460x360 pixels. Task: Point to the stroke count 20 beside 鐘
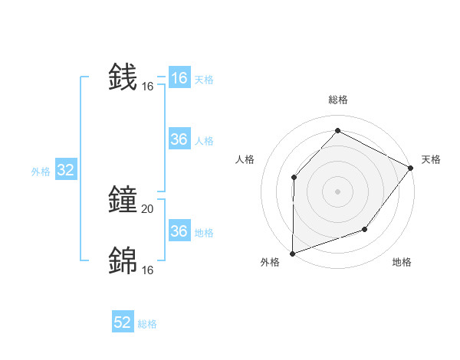[x=148, y=208]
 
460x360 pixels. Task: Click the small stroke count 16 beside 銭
[x=148, y=87]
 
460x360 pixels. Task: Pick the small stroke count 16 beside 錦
[x=148, y=270]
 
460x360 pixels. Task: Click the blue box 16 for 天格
[x=179, y=78]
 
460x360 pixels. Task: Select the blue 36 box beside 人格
[x=179, y=139]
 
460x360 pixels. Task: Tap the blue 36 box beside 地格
[x=179, y=231]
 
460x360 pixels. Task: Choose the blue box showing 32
[x=65, y=171]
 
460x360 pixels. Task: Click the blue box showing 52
[x=123, y=322]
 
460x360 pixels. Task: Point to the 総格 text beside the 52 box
[x=147, y=324]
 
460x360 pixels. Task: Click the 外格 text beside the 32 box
[x=41, y=172]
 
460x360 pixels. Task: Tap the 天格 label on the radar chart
[x=431, y=159]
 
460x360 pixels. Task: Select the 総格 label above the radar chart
[x=337, y=100]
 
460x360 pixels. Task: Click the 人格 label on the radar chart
[x=245, y=159]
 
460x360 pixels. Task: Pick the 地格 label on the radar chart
[x=402, y=262]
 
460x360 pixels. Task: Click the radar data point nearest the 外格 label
[x=292, y=253]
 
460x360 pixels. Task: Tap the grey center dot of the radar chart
[x=337, y=191]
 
